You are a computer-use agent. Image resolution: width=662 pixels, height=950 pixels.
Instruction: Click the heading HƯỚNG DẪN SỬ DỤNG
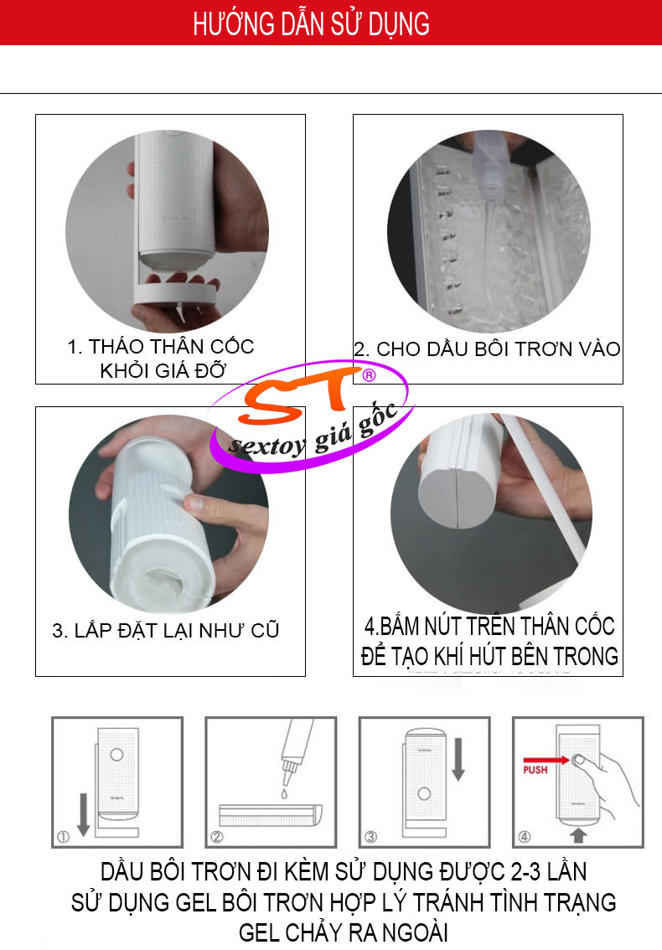[311, 23]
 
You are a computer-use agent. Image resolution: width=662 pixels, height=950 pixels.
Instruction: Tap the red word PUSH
[535, 769]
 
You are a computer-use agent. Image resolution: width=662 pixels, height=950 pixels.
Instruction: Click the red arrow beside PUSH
[546, 759]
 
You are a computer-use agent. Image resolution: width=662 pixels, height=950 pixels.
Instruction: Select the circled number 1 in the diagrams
[63, 837]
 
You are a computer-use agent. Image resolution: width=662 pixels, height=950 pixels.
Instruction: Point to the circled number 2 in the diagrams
[217, 837]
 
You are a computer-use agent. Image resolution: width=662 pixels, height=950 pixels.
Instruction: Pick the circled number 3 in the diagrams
[371, 837]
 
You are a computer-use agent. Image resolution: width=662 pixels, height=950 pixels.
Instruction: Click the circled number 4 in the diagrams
[525, 837]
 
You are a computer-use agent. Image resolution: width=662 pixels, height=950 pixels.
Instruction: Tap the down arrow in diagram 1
[84, 814]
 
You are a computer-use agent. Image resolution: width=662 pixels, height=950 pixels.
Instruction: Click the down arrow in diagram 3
[458, 759]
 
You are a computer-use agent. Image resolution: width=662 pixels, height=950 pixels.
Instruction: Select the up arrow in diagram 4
[578, 835]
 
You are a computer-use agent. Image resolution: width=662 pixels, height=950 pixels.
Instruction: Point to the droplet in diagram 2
[284, 793]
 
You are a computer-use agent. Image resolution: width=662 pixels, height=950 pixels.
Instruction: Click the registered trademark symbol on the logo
[369, 375]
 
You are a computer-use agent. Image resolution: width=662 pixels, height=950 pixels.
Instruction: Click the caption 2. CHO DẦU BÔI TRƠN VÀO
[488, 349]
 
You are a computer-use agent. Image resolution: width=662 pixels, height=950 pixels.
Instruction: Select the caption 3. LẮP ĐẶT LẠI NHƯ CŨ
[166, 630]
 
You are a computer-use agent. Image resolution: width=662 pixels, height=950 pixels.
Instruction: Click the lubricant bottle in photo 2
[489, 169]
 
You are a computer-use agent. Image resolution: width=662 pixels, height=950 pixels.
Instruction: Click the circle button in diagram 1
[117, 754]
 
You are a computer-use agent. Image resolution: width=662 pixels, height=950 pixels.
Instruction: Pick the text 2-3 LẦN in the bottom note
[549, 871]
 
